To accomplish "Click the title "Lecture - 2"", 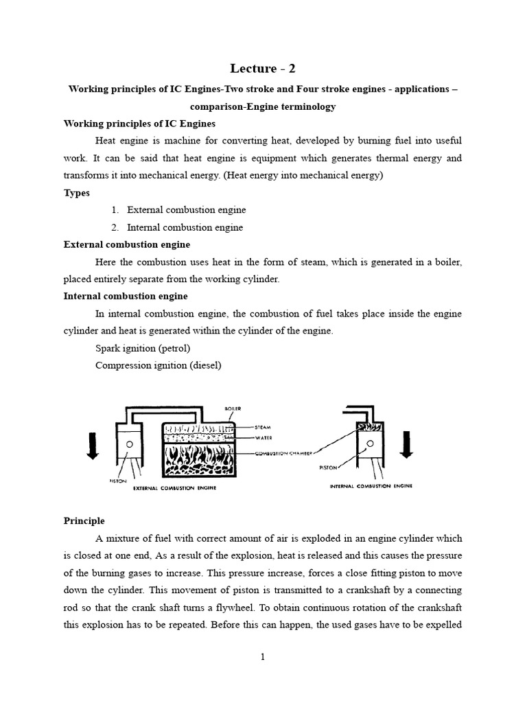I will pyautogui.click(x=263, y=68).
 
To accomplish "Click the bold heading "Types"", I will pyautogui.click(x=77, y=193).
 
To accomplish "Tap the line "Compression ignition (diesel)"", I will pyautogui.click(x=159, y=365).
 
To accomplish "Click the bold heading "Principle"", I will pyautogui.click(x=84, y=521).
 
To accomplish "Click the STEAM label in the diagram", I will pyautogui.click(x=263, y=426).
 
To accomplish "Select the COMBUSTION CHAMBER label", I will pyautogui.click(x=283, y=454).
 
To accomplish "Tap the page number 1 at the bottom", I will pyautogui.click(x=263, y=657).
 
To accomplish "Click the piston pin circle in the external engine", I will pyautogui.click(x=129, y=444).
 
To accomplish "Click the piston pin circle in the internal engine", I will pyautogui.click(x=364, y=443).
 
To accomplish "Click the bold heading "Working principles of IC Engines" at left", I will pyautogui.click(x=139, y=124).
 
